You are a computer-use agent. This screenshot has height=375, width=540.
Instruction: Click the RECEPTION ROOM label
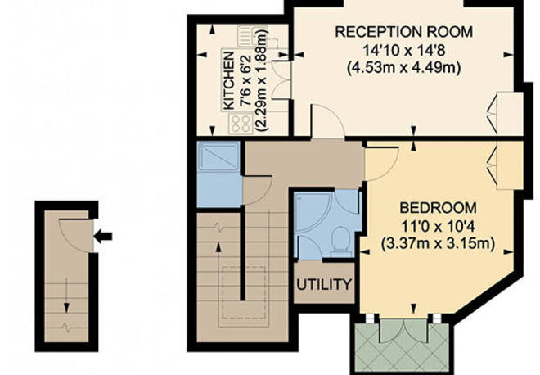click(404, 32)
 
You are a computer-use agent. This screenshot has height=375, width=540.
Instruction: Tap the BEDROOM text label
click(438, 208)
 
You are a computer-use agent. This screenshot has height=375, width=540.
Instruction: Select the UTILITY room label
click(324, 285)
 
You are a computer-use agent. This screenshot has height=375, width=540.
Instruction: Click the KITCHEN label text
click(228, 81)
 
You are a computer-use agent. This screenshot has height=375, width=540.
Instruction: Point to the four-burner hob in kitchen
click(241, 124)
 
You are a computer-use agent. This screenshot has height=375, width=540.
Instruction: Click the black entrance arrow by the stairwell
click(103, 237)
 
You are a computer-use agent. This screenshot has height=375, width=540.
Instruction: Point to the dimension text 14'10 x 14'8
click(404, 50)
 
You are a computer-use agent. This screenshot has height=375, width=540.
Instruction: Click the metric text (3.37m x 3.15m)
click(438, 243)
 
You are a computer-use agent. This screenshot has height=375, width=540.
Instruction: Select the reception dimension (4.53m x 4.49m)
click(404, 67)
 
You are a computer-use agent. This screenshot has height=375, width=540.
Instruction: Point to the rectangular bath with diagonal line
click(218, 157)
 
